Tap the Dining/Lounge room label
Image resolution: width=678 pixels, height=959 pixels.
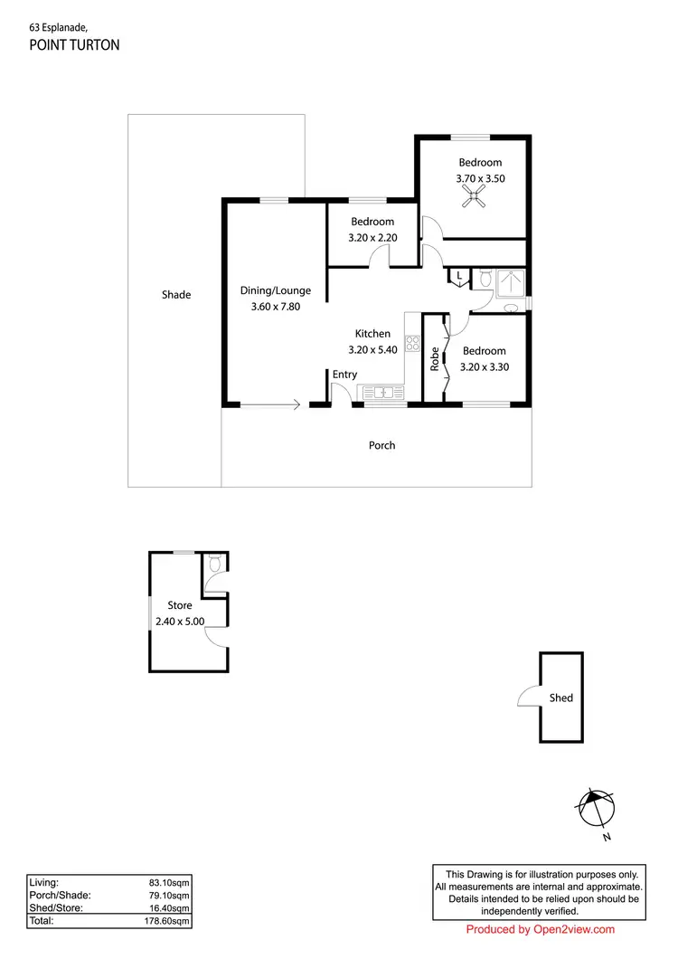coord(275,290)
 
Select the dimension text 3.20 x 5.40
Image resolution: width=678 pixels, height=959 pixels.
coord(372,350)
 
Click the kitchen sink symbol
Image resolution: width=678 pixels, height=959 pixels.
coord(381,393)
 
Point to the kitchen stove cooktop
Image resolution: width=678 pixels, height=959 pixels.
coord(412,343)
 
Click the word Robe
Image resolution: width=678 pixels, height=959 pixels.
coord(434,358)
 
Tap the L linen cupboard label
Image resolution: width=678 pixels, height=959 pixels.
coord(459,275)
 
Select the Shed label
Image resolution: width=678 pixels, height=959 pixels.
coord(560,698)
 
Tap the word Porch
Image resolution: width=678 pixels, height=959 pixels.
coord(381,445)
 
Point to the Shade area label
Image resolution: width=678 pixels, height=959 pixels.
coord(176,294)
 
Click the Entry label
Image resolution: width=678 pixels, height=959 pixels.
coord(344,375)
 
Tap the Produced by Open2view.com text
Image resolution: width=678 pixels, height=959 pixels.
coord(540,929)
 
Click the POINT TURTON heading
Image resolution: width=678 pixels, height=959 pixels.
coord(74,44)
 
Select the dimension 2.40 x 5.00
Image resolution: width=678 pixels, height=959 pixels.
coord(180,621)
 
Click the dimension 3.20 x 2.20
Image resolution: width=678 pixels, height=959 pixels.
coord(372,238)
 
